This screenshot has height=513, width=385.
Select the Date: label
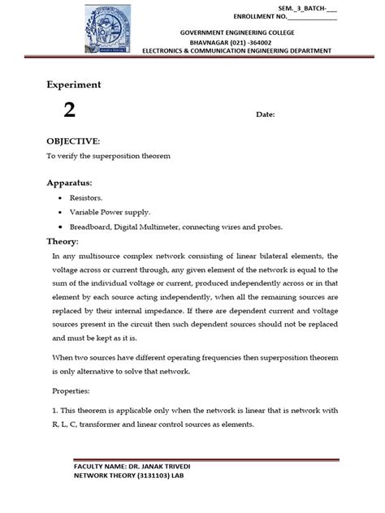[266, 114]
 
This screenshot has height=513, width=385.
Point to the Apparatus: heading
[68, 183]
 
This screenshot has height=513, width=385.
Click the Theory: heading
[62, 242]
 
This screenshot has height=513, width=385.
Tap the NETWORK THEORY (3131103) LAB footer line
[119, 478]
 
